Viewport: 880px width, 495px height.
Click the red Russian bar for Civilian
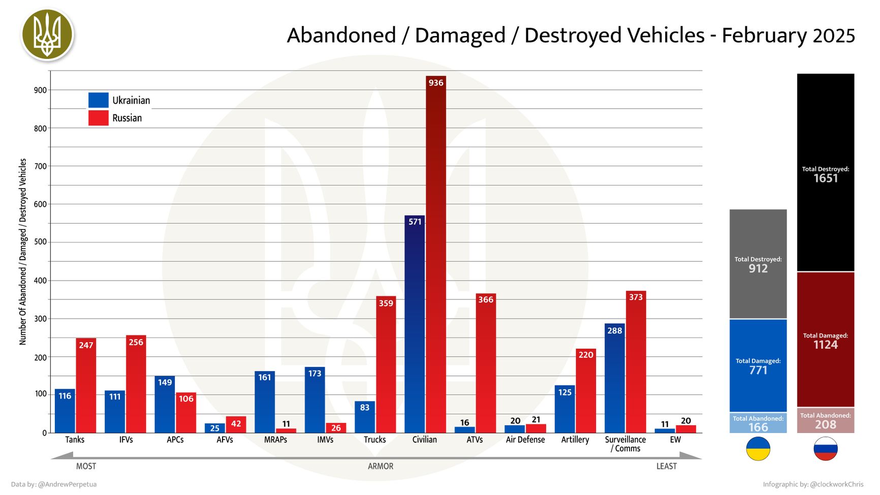click(x=435, y=254)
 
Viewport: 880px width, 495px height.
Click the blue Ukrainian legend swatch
click(x=98, y=100)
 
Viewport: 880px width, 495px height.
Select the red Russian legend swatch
click(x=98, y=118)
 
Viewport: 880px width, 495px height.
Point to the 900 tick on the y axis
click(x=40, y=90)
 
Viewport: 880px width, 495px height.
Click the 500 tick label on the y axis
click(x=40, y=242)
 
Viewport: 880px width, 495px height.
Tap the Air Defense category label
click(x=525, y=440)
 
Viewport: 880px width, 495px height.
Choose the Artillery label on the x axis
click(x=575, y=440)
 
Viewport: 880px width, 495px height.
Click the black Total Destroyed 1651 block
click(x=825, y=173)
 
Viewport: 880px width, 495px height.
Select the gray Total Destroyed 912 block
click(x=758, y=264)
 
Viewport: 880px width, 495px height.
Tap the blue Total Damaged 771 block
click(x=758, y=366)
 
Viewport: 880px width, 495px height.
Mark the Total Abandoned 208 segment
click(x=825, y=421)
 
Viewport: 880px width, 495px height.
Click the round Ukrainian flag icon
click(x=758, y=449)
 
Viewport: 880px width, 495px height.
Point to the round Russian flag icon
click(x=825, y=449)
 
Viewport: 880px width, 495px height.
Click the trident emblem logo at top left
click(x=48, y=35)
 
